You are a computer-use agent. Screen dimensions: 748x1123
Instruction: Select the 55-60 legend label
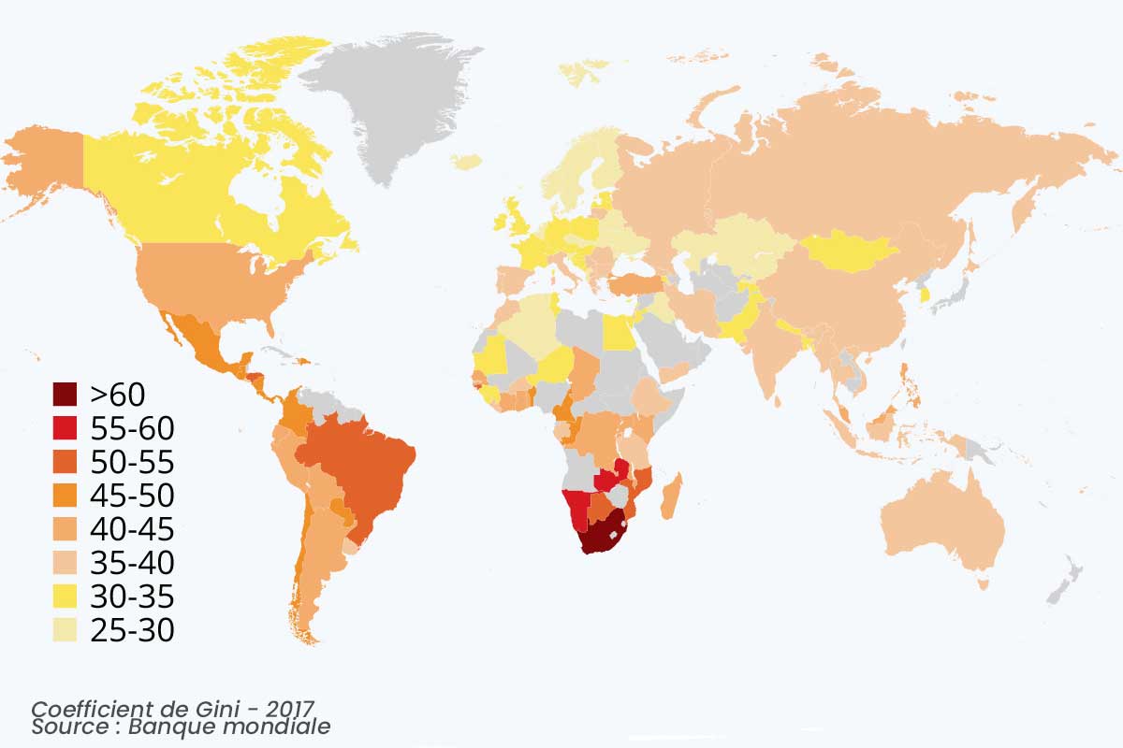pos(132,428)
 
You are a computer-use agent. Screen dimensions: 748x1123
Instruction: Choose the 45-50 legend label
pos(132,496)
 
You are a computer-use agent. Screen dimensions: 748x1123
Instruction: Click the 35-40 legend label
pos(132,563)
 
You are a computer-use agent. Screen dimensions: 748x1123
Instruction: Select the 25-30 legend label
pos(132,630)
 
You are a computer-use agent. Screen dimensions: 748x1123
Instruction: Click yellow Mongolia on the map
pos(847,251)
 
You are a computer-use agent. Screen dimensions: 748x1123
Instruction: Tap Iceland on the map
pos(465,162)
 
